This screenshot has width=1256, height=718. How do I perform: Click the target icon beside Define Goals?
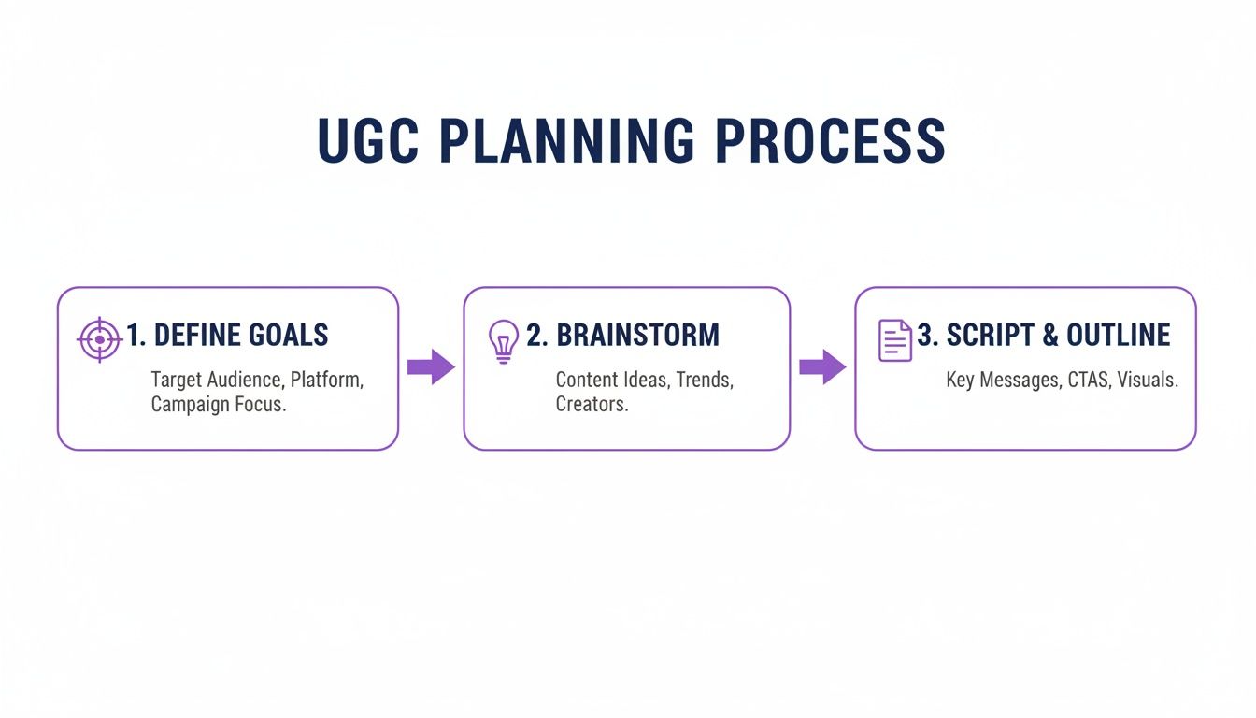tap(99, 339)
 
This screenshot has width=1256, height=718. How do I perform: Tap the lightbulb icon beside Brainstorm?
tap(504, 340)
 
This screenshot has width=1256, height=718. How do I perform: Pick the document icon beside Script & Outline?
tap(894, 340)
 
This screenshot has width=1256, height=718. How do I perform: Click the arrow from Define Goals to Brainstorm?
tap(430, 366)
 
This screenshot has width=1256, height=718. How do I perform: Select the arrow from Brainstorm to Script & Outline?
tap(821, 366)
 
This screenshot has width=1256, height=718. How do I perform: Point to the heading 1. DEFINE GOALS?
tap(227, 335)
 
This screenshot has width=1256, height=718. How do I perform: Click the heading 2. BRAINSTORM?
tap(622, 335)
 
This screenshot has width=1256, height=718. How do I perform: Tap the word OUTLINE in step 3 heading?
tap(1118, 335)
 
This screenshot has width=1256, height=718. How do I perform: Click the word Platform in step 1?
tap(326, 381)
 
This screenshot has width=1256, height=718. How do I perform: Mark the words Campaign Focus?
tap(219, 405)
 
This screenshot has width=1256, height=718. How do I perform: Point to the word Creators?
tap(592, 405)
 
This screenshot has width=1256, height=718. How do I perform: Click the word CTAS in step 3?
tap(1080, 381)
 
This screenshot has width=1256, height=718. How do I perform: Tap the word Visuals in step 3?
tap(1147, 381)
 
